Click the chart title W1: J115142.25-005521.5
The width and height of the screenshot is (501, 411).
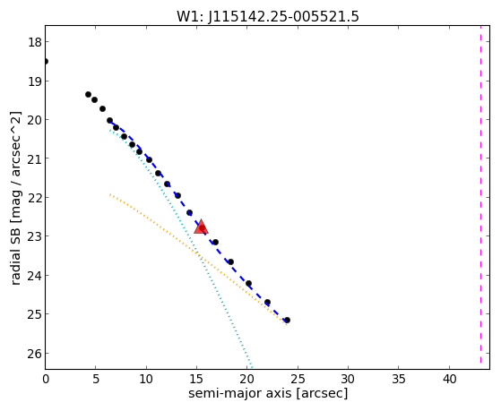click(268, 16)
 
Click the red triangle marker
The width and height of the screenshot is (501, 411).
click(201, 227)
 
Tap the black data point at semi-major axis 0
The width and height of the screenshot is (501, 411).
click(46, 61)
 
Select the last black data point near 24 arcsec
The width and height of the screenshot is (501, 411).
click(287, 320)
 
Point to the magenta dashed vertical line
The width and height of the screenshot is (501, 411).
click(480, 194)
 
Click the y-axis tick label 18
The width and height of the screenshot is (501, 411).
click(34, 42)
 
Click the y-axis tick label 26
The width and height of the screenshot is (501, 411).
click(34, 354)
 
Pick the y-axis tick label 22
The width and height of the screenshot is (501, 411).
click(34, 198)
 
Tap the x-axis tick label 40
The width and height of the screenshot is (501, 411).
click(449, 380)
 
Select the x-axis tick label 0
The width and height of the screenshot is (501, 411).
click(46, 380)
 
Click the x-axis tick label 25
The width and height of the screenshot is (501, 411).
click(298, 380)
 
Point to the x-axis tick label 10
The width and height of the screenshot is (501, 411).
click(146, 380)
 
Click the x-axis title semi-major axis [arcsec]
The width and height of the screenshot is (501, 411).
click(268, 393)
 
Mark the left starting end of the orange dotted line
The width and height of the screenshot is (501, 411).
click(109, 193)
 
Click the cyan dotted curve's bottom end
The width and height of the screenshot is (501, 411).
click(252, 367)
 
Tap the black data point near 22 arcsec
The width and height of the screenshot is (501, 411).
click(267, 302)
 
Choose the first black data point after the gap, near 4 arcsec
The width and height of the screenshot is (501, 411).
click(88, 94)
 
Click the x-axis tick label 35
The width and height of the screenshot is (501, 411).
click(399, 380)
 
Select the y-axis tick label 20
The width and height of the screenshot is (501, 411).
click(34, 120)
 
